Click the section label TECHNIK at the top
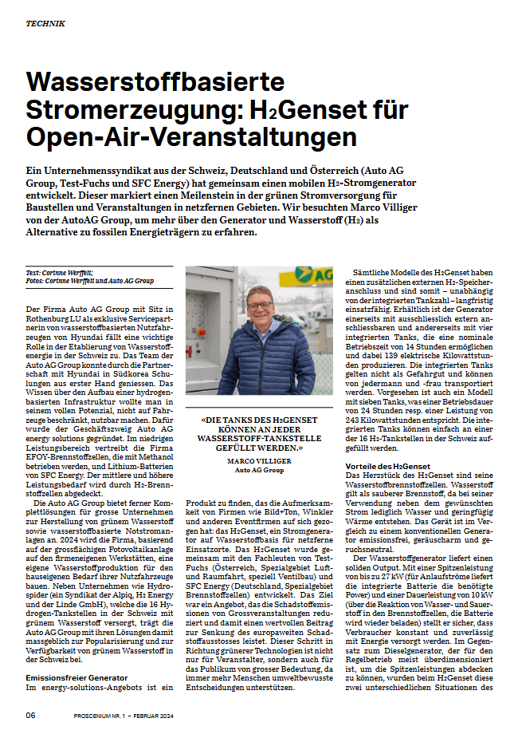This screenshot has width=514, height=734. pos(45,24)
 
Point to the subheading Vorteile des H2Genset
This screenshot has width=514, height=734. pos(387,466)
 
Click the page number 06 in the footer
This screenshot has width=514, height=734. pos(30,715)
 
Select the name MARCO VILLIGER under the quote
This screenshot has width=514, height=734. pos(259,461)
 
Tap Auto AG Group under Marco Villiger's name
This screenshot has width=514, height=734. pos(259,470)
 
